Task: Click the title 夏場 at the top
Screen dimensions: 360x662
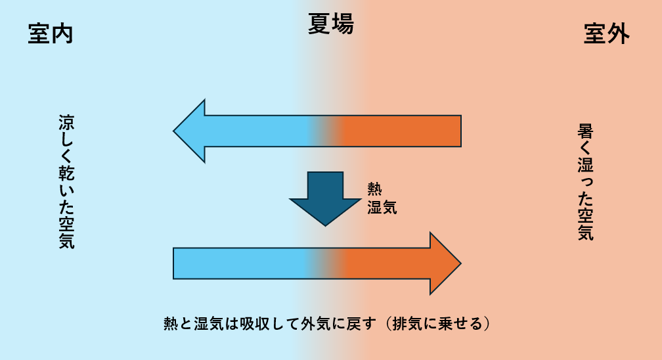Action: [331, 24]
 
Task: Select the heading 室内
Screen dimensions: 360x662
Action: [50, 34]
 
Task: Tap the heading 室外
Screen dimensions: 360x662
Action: [606, 34]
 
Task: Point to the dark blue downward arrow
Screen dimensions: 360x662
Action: [326, 197]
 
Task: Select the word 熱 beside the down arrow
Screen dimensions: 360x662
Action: [374, 189]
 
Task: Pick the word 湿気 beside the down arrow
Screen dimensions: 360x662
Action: [382, 208]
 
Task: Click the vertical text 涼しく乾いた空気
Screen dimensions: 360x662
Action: [66, 182]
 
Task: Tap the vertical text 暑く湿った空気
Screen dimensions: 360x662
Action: [586, 182]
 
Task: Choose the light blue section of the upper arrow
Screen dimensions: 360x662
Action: [256, 131]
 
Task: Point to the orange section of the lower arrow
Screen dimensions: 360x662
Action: [394, 263]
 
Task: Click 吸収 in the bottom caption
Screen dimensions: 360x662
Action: [254, 324]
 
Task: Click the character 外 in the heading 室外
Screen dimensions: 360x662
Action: [618, 34]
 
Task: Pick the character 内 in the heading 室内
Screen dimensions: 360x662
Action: [62, 34]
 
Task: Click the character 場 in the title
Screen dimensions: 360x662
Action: [343, 24]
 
